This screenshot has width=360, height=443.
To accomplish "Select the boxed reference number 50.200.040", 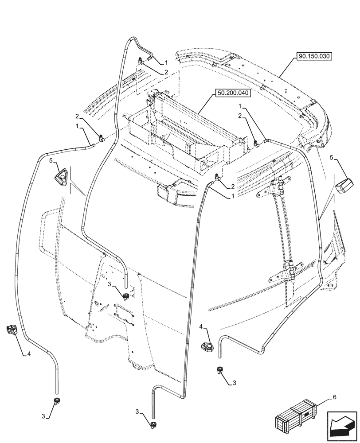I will tap(233, 93).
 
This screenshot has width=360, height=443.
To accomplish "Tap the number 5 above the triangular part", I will tap(51, 160).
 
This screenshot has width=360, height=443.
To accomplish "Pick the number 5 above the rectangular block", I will tap(333, 157).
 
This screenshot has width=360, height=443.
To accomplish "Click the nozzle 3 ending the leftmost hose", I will tap(56, 401).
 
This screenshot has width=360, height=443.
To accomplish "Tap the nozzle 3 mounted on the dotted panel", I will tap(126, 295).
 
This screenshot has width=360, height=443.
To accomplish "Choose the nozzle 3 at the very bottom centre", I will tap(153, 426).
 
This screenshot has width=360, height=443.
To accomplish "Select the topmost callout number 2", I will tap(166, 72).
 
